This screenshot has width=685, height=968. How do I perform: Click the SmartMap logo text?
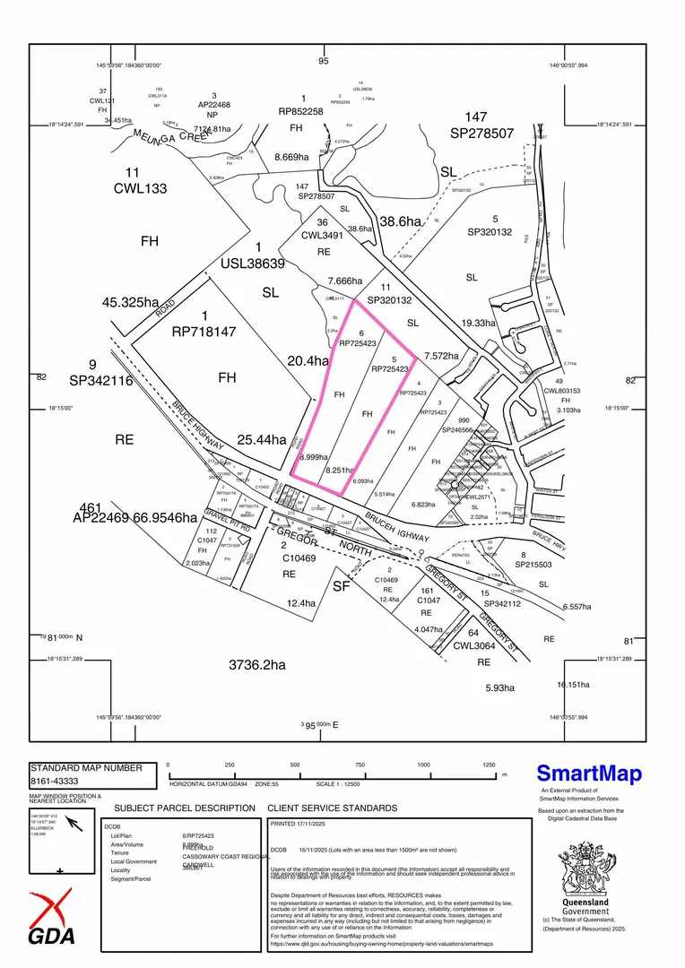[589, 774]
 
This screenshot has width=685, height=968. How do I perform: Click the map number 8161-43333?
[67, 782]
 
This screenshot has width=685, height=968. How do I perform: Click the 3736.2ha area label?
[256, 665]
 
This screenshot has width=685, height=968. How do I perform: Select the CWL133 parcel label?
[140, 189]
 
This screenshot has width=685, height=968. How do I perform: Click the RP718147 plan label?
[204, 332]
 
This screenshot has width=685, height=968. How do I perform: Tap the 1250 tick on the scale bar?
[489, 765]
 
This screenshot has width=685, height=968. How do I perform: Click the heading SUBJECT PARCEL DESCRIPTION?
[185, 808]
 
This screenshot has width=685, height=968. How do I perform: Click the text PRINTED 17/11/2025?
[301, 822]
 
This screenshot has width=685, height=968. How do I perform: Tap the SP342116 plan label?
[99, 381]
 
